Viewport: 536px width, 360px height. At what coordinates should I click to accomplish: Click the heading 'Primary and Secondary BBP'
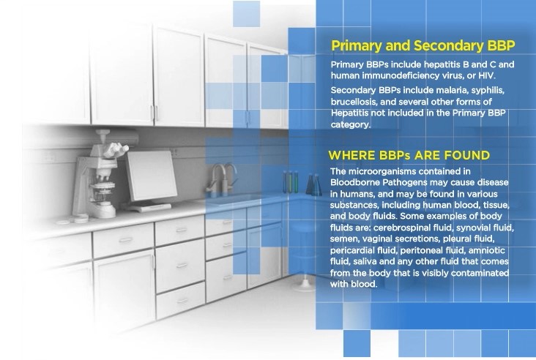click(423, 46)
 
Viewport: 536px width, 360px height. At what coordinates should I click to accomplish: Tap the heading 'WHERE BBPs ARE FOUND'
click(409, 155)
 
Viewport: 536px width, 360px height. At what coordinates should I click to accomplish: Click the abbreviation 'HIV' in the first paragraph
click(486, 75)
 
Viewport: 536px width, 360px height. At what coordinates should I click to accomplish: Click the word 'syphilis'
click(489, 91)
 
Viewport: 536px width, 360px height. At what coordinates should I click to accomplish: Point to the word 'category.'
click(351, 124)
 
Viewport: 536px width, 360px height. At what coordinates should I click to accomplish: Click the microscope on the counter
click(102, 174)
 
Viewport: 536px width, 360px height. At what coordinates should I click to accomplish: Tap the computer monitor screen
click(152, 175)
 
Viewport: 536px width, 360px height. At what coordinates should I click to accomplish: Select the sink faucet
click(222, 179)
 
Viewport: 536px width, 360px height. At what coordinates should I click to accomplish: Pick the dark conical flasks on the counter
click(314, 184)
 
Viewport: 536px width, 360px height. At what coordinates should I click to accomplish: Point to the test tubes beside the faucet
click(291, 181)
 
